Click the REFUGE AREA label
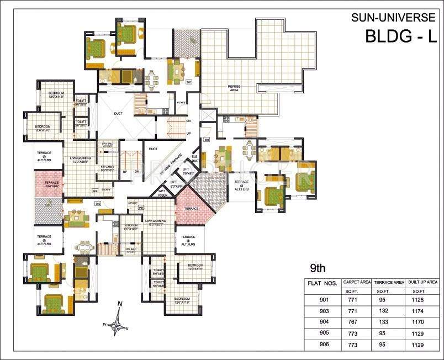[x=238, y=87]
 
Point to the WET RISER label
[x=163, y=193]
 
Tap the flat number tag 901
[x=189, y=82]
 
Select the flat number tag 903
[x=207, y=140]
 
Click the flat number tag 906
[x=95, y=191]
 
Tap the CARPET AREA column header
[x=357, y=282]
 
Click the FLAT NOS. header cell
[x=323, y=283]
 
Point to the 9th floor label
[x=318, y=269]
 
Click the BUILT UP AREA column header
[x=424, y=282]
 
